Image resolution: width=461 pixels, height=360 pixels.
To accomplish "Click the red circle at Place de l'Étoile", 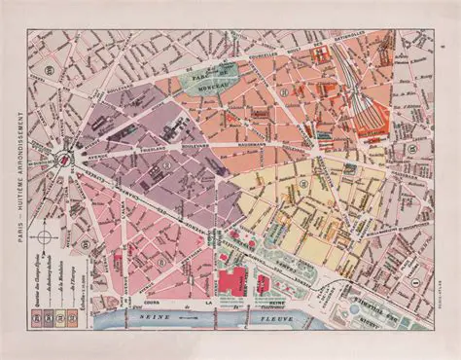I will [63, 159].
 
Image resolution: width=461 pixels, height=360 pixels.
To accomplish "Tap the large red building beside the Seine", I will [234, 283].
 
